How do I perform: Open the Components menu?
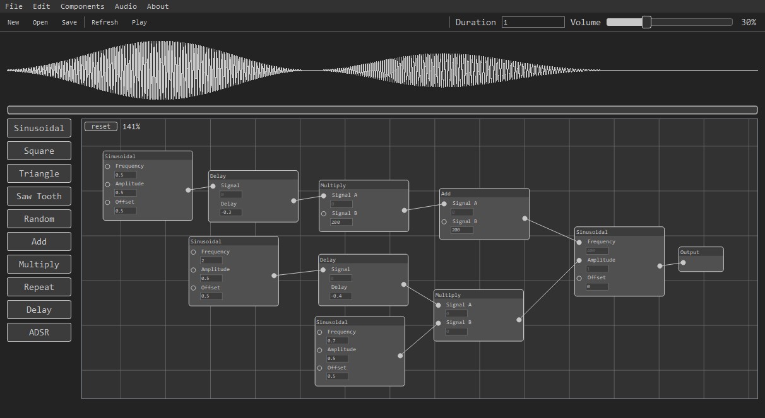point(82,6)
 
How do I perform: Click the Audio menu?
point(126,6)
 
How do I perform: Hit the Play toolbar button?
point(139,22)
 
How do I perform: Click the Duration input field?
point(533,22)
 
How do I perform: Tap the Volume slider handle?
point(646,22)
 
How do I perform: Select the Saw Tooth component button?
point(39,196)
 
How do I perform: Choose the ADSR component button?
point(39,332)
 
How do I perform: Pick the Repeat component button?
point(39,287)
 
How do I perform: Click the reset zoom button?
point(101,126)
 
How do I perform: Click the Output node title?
point(690,252)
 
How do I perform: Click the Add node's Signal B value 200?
point(462,230)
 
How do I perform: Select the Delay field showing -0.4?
point(341,296)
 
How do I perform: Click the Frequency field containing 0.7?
point(337,340)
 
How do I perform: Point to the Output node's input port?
point(683,263)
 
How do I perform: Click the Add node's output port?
point(525,218)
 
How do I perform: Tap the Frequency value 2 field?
point(211,260)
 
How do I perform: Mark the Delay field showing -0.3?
point(230,212)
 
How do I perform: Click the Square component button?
point(39,151)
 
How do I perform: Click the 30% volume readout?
point(749,22)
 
